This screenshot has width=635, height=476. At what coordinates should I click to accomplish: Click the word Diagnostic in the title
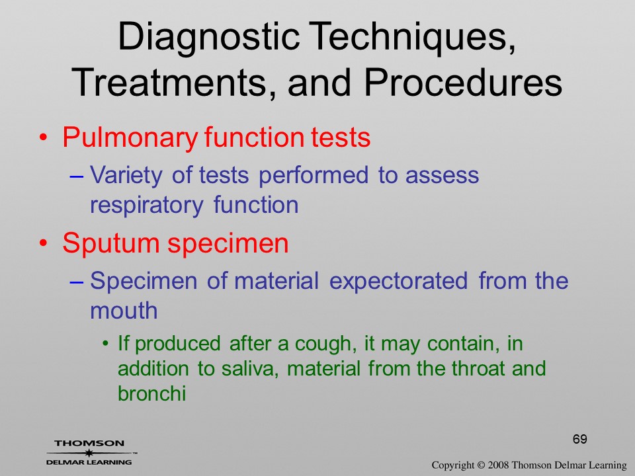pyautogui.click(x=208, y=37)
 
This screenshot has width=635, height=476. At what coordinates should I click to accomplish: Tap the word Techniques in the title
pyautogui.click(x=411, y=36)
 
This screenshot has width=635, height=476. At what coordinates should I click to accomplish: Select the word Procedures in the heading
pyautogui.click(x=463, y=83)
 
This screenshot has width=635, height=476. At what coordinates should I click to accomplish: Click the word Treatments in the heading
pyautogui.click(x=170, y=83)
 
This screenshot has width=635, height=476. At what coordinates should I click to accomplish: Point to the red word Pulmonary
pyautogui.click(x=130, y=138)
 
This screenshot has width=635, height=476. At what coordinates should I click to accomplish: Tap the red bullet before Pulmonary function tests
pyautogui.click(x=44, y=138)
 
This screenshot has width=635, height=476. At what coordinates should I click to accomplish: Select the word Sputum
pyautogui.click(x=111, y=244)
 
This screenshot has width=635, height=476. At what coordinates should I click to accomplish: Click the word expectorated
pyautogui.click(x=398, y=282)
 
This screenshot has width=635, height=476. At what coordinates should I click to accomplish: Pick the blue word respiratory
pyautogui.click(x=146, y=206)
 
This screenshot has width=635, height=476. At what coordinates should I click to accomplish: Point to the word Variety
pyautogui.click(x=126, y=176)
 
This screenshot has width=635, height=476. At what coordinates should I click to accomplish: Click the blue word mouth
pyautogui.click(x=124, y=311)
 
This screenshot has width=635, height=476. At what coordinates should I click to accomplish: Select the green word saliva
pyautogui.click(x=250, y=369)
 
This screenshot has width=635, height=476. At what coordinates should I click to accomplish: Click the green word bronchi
pyautogui.click(x=152, y=393)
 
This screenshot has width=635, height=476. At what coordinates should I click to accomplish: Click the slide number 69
pyautogui.click(x=580, y=439)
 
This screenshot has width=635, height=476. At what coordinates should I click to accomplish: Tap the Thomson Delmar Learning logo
pyautogui.click(x=91, y=452)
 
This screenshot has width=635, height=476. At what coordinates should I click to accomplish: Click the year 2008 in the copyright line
pyautogui.click(x=498, y=465)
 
